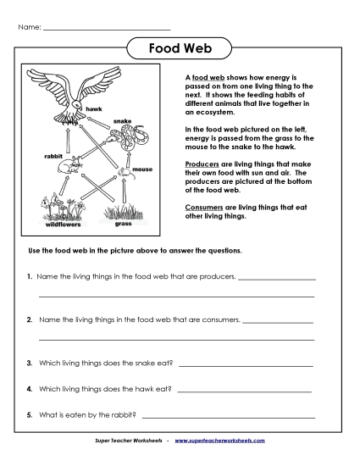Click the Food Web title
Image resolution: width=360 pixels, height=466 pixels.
coord(180,48)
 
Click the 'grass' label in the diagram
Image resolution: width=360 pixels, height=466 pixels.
coord(124,225)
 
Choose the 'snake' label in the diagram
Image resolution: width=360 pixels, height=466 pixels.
coord(125,121)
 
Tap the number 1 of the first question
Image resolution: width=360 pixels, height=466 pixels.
coord(29,276)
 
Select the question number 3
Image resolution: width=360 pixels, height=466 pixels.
coord(29,363)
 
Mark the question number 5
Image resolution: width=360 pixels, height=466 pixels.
coord(29,414)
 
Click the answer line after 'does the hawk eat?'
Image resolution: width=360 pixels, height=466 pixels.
coord(245,391)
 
